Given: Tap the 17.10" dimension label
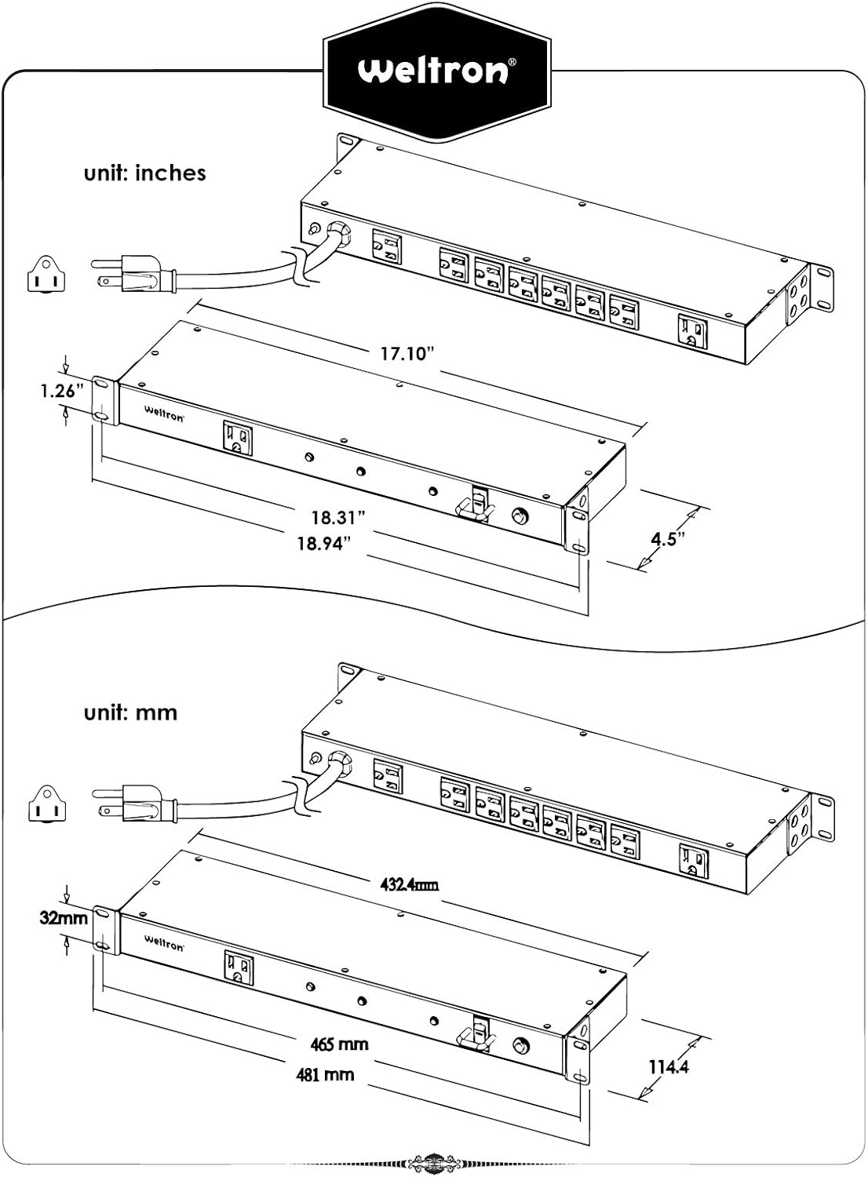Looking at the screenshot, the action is (x=408, y=354).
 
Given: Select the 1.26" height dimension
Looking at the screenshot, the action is (x=63, y=392).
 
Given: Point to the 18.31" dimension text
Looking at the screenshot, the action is (x=337, y=518).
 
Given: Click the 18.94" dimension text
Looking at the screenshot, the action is (x=323, y=543).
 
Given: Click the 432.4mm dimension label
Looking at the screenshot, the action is (x=408, y=884).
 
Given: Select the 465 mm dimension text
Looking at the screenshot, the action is (x=339, y=1044).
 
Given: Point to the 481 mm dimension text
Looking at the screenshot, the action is (x=325, y=1074).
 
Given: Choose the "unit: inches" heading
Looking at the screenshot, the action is (x=145, y=173).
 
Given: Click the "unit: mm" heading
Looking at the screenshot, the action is (x=131, y=713).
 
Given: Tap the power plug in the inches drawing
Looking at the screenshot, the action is (x=133, y=274).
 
